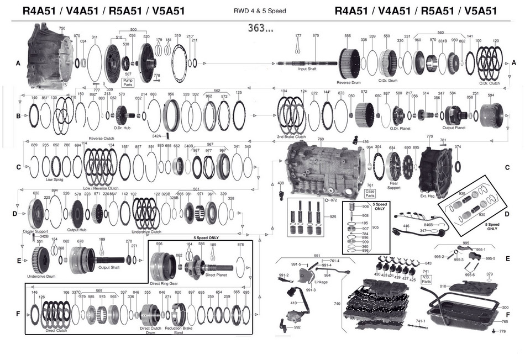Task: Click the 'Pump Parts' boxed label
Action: (x=128, y=83)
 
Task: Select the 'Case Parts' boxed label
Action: (x=370, y=193)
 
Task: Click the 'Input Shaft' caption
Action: (x=307, y=69)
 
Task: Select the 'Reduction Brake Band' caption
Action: (x=179, y=330)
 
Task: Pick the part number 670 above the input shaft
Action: (x=316, y=36)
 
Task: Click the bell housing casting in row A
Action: (x=50, y=55)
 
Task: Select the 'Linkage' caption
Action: (x=321, y=282)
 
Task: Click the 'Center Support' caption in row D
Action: (x=36, y=231)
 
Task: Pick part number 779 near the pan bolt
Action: (x=502, y=331)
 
